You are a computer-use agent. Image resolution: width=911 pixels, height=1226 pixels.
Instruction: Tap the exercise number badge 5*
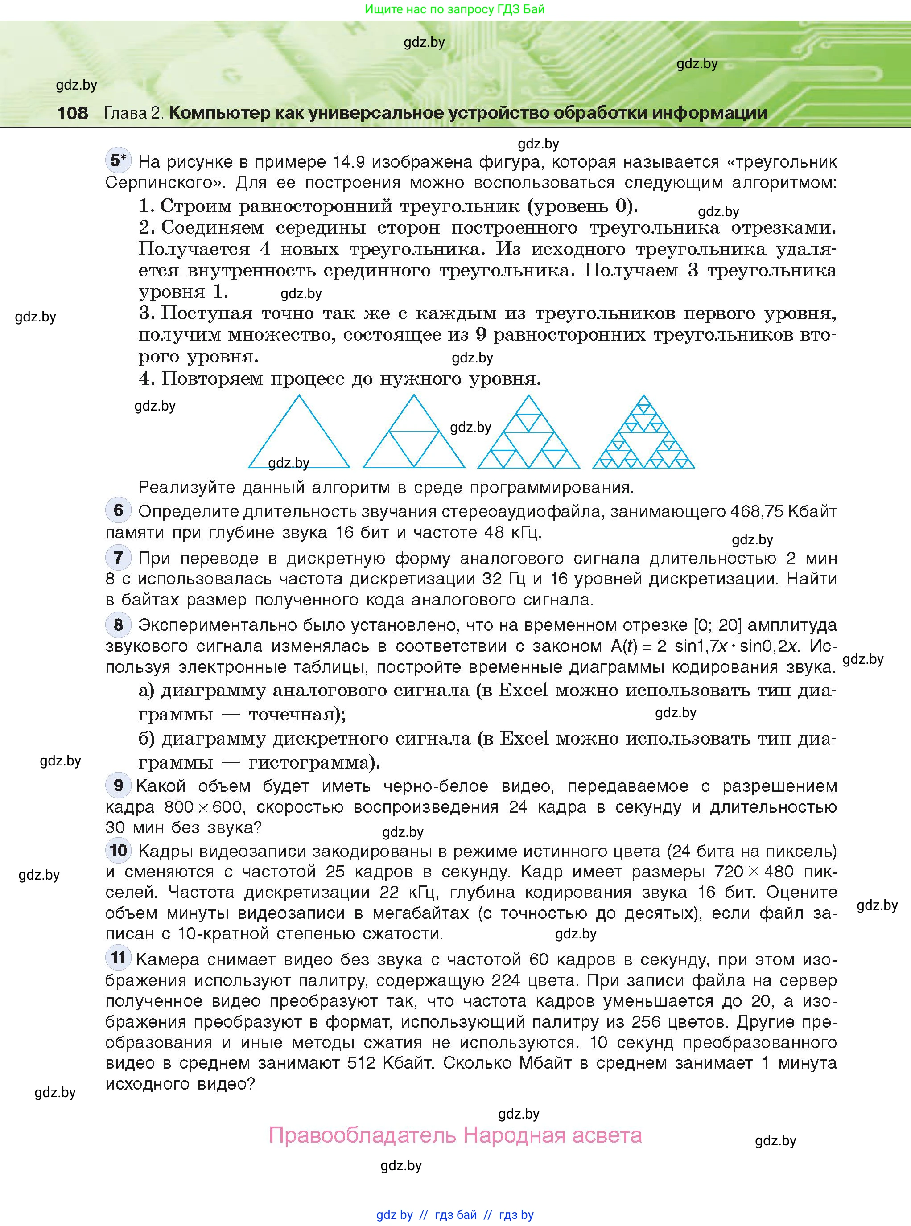pos(118,160)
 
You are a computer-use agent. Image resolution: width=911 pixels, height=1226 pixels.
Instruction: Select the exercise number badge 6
pos(118,510)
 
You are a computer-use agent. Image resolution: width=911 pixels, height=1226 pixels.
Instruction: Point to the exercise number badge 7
pos(118,557)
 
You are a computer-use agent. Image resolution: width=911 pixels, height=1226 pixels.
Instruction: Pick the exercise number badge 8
pos(118,625)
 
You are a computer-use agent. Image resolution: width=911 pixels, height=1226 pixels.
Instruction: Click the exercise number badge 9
pos(118,785)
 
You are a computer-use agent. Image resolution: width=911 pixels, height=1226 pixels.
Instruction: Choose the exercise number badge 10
pos(118,850)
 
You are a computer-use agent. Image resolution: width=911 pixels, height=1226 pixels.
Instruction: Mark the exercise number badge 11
pos(118,958)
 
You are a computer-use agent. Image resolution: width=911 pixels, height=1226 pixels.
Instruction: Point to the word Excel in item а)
pos(524,690)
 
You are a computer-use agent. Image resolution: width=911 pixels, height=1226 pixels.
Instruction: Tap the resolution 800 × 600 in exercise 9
pos(203,807)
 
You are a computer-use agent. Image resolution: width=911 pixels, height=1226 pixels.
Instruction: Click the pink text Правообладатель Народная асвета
pos(455,1135)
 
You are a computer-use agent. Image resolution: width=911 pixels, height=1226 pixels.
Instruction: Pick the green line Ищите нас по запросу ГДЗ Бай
pos(455,9)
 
